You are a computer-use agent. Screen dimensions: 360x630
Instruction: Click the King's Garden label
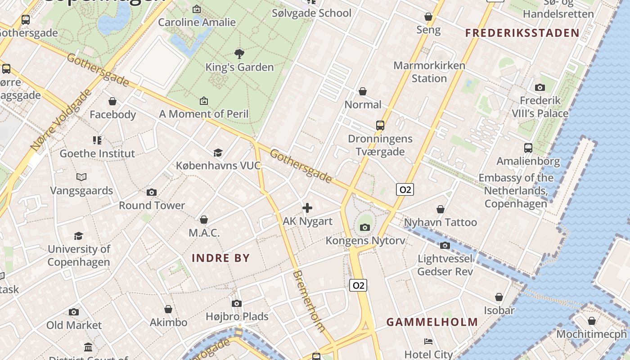click(x=239, y=67)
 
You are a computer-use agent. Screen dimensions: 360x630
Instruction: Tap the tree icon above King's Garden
click(x=239, y=54)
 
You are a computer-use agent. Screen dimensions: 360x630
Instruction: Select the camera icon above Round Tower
click(x=152, y=193)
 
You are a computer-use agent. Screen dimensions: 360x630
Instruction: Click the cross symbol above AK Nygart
click(x=307, y=208)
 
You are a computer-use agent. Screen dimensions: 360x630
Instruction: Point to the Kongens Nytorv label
click(x=365, y=241)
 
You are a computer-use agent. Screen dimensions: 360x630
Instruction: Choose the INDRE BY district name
click(x=220, y=258)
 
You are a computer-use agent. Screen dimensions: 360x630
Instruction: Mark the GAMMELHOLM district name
click(x=432, y=322)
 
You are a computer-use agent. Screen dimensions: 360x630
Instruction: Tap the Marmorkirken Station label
click(x=429, y=72)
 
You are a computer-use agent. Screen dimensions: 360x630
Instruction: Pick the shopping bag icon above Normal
click(x=363, y=92)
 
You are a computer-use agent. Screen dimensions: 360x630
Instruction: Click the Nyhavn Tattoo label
click(x=440, y=223)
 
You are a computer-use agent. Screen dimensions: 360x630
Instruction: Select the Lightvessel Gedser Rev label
click(x=445, y=265)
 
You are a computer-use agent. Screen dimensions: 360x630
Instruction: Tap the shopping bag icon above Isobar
click(x=499, y=297)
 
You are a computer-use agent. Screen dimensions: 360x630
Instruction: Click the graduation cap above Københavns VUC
click(x=218, y=153)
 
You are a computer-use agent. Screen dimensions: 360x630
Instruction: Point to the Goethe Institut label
click(x=97, y=153)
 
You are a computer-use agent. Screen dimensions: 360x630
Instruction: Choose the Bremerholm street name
click(x=309, y=301)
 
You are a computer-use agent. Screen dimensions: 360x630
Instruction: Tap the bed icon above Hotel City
click(x=428, y=342)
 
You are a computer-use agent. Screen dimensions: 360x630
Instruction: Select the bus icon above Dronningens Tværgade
click(x=380, y=125)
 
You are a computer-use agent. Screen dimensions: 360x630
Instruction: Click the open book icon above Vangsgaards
click(x=81, y=177)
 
